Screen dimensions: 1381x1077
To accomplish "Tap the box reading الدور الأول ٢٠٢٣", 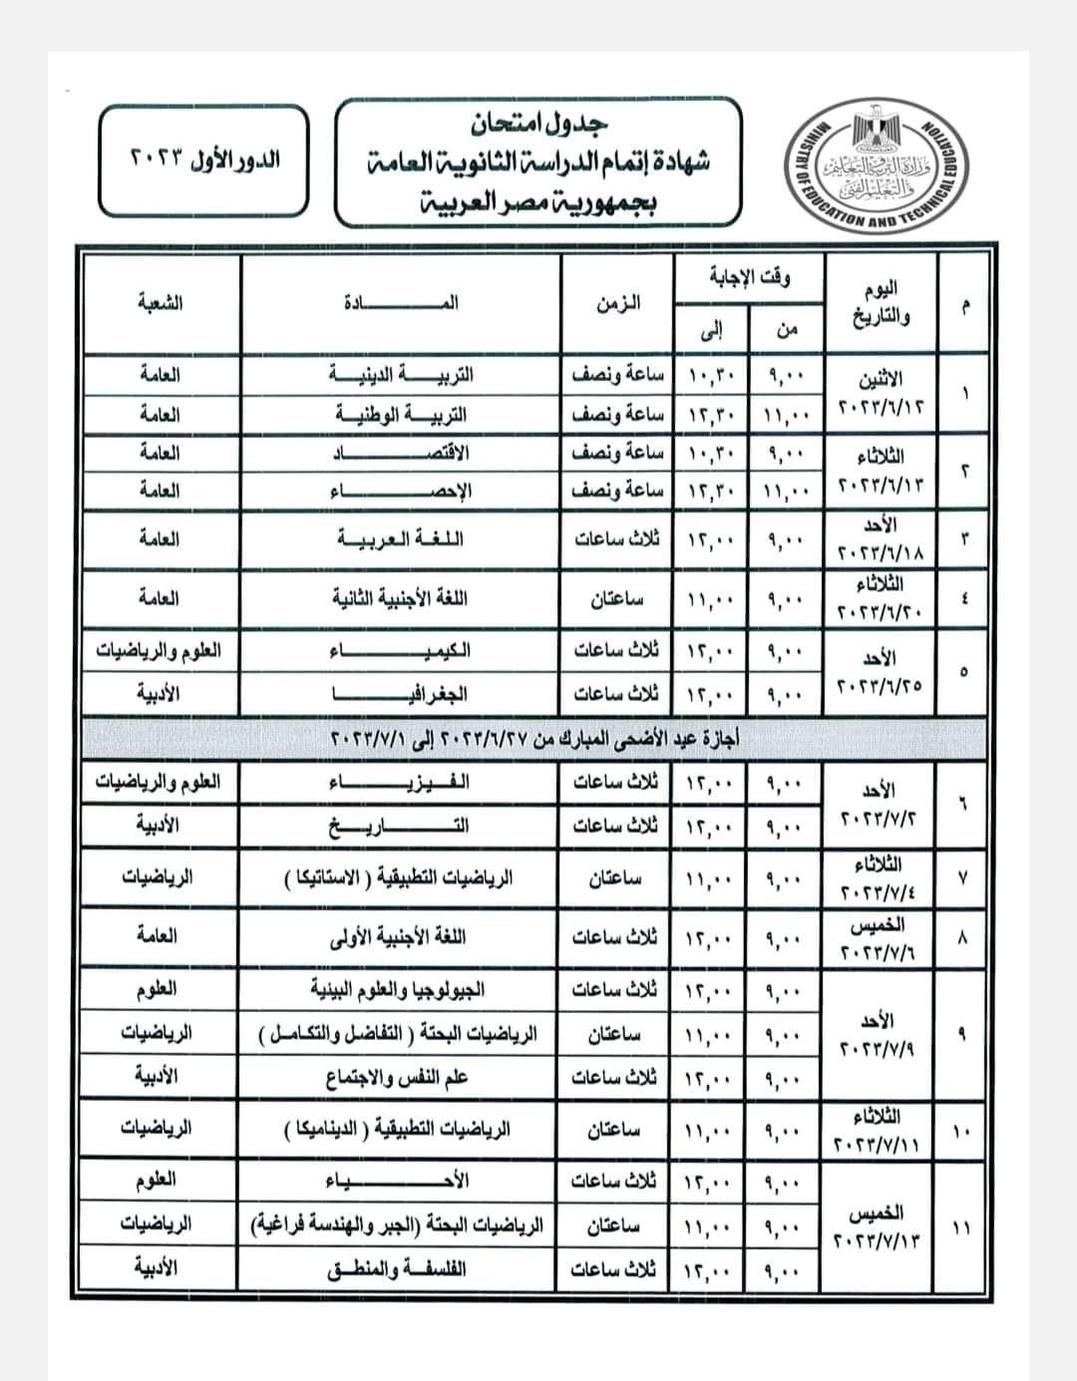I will point(204,160).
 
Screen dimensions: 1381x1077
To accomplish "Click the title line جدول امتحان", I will point(539,124).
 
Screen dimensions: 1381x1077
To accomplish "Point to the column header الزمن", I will point(618,303).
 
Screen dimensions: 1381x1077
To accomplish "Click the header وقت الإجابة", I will point(750,277).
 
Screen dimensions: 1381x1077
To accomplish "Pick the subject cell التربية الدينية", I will point(401,375).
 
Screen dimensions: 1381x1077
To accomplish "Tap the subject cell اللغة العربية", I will point(401,539).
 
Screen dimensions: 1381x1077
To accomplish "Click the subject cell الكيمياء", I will point(401,651).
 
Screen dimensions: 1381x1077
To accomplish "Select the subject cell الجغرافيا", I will point(401,693).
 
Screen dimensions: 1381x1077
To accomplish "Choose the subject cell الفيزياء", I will point(401,783).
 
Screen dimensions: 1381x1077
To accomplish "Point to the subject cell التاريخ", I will point(401,826).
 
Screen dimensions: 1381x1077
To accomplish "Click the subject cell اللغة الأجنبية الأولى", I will point(401,936).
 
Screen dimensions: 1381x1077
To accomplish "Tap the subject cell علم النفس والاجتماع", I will point(401,1077).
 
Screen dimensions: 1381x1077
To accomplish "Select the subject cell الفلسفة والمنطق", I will point(401,1270).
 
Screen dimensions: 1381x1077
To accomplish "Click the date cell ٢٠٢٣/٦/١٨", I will point(882,539).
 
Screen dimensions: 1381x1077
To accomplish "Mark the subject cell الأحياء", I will point(401,1182).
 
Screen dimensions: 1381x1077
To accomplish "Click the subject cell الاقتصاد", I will point(401,453).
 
